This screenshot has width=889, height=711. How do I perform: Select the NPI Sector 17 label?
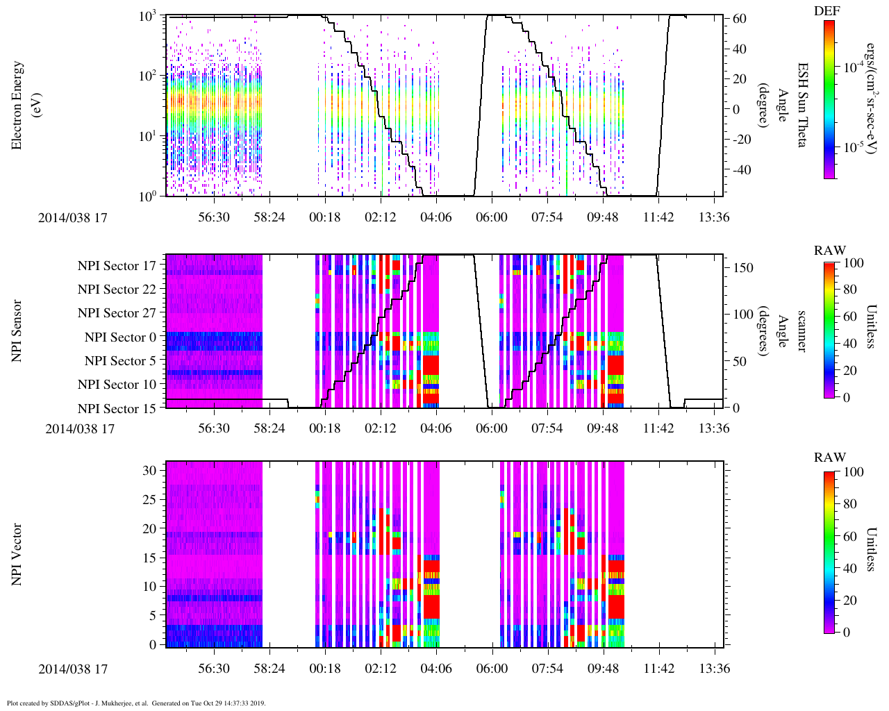pyautogui.click(x=117, y=266)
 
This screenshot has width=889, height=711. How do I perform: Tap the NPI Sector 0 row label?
pyautogui.click(x=120, y=337)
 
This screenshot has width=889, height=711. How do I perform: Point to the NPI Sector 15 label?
pyautogui.click(x=117, y=409)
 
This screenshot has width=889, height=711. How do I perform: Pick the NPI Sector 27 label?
pyautogui.click(x=117, y=313)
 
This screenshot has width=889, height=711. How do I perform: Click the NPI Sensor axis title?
pyautogui.click(x=17, y=331)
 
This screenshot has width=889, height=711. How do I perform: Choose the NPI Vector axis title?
pyautogui.click(x=17, y=555)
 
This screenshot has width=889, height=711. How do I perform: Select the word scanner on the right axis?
pyautogui.click(x=801, y=331)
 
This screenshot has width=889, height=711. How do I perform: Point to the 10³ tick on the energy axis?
pyautogui.click(x=149, y=17)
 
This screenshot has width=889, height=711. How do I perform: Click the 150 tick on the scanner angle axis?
pyautogui.click(x=743, y=268)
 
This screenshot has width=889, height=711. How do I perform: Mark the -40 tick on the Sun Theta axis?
pyautogui.click(x=738, y=170)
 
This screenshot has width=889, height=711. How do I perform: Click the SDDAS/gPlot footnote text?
pyautogui.click(x=136, y=703)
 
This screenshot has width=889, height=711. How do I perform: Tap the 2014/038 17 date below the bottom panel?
pyautogui.click(x=73, y=669)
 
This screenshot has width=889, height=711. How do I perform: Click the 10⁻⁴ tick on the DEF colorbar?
pyautogui.click(x=853, y=67)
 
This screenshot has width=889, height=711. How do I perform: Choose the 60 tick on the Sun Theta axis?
pyautogui.click(x=740, y=19)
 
